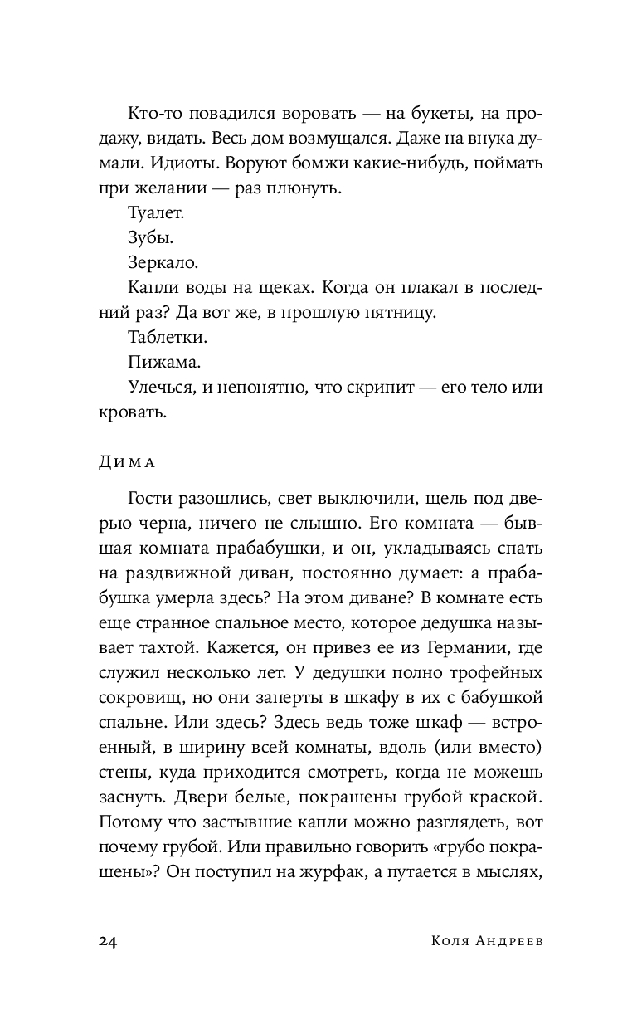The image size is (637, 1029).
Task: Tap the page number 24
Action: [109, 939]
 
